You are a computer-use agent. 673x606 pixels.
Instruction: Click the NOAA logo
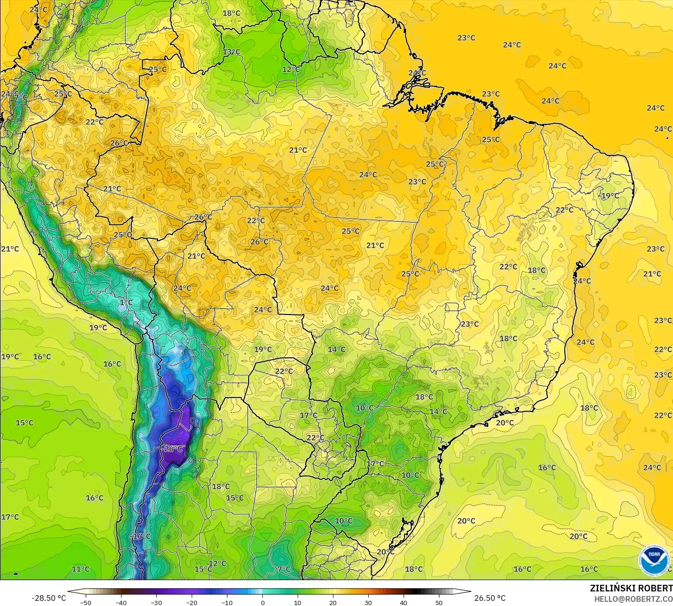coord(654,560)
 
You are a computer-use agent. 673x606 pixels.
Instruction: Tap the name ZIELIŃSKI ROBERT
coord(631,588)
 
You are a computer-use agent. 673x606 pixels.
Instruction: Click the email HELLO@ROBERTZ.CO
coord(633,599)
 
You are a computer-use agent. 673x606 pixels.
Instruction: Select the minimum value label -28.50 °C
coord(49,598)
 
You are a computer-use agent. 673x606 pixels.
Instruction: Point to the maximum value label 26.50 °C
coord(490,598)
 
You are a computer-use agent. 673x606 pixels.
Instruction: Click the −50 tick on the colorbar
coord(86,602)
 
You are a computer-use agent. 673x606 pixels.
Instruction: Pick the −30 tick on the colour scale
coord(156,602)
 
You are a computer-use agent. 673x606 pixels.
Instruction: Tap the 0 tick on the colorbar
coord(262,602)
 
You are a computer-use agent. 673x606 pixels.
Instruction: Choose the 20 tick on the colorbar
coord(333,602)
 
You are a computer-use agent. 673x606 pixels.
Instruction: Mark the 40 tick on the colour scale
coord(404,602)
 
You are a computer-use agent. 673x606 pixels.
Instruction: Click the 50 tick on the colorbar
coord(439,602)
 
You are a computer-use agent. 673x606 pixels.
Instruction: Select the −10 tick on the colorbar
coord(227,602)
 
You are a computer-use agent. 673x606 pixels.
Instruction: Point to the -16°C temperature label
coord(141,536)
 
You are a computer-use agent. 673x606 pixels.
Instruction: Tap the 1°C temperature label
coord(126,302)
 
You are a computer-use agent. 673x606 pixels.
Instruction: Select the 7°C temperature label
coord(284,569)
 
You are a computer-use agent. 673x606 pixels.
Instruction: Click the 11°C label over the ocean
coord(81,569)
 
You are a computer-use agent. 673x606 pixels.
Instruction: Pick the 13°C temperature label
coord(231,52)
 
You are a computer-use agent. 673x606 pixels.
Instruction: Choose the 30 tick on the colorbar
coord(368,602)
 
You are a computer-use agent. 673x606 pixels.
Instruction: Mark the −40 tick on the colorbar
coord(121,602)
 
